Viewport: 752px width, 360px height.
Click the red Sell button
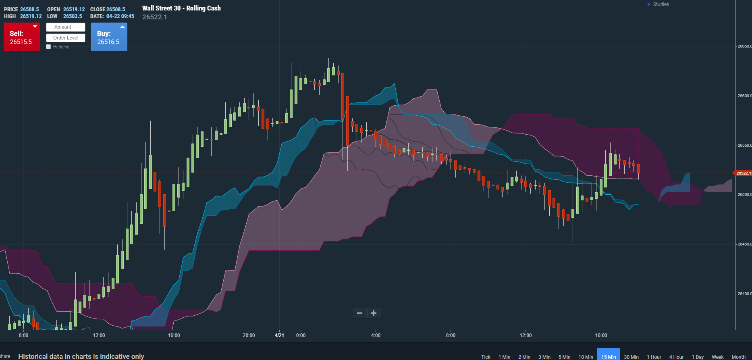[22, 37]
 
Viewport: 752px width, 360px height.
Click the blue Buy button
[109, 37]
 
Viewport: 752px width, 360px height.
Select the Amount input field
[66, 27]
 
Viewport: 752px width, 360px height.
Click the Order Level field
[66, 38]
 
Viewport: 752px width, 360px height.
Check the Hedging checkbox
[49, 47]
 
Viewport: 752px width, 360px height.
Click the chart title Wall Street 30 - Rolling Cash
[181, 8]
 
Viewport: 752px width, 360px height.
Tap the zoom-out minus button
[359, 313]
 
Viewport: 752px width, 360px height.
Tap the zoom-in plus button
[374, 313]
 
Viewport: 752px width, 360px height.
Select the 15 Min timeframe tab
[609, 357]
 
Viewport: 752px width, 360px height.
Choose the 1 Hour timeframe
[654, 357]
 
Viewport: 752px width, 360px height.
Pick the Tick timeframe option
[486, 357]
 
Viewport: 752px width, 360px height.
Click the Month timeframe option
[738, 357]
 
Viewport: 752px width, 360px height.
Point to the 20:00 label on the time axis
[249, 335]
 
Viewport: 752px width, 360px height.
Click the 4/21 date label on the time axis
[279, 335]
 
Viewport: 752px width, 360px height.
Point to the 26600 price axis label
[744, 96]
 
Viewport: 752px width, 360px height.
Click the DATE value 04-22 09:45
[120, 17]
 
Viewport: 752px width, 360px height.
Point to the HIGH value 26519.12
[31, 17]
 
